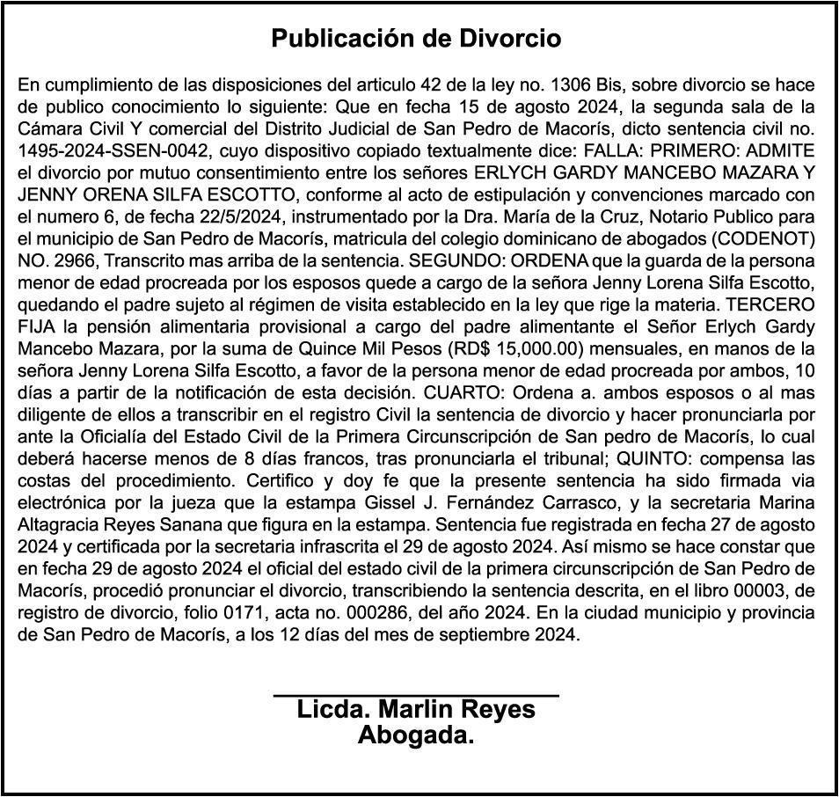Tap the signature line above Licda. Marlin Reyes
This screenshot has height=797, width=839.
click(x=416, y=697)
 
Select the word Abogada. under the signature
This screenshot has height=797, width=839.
click(x=416, y=735)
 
